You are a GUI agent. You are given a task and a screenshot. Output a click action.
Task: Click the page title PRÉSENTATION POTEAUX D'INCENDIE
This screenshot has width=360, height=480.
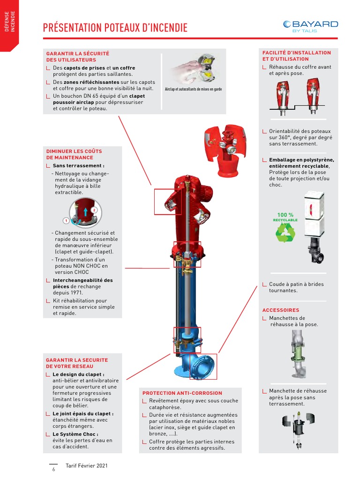pos(115,28)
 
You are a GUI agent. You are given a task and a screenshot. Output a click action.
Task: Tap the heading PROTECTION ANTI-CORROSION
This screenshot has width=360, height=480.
pos(182,393)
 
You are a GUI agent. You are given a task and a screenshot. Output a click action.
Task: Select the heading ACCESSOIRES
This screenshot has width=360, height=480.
pos(281,310)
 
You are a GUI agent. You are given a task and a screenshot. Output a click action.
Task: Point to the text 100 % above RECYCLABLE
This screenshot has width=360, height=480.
pos(285,215)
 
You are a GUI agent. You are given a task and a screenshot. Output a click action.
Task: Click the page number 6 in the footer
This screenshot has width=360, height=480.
pos(53,469)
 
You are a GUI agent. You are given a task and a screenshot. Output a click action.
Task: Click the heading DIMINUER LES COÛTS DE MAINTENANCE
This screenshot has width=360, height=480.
pos(74,155)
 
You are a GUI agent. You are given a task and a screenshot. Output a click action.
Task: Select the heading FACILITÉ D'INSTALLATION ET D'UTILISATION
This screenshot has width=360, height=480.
pos(296,56)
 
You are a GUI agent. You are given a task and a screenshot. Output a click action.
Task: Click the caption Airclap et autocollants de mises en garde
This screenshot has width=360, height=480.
pos(194,89)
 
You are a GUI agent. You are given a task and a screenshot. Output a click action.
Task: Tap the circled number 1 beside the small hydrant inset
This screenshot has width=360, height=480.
pos(66,220)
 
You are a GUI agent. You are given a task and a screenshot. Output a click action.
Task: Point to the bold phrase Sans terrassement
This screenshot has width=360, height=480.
pos(78,165)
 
